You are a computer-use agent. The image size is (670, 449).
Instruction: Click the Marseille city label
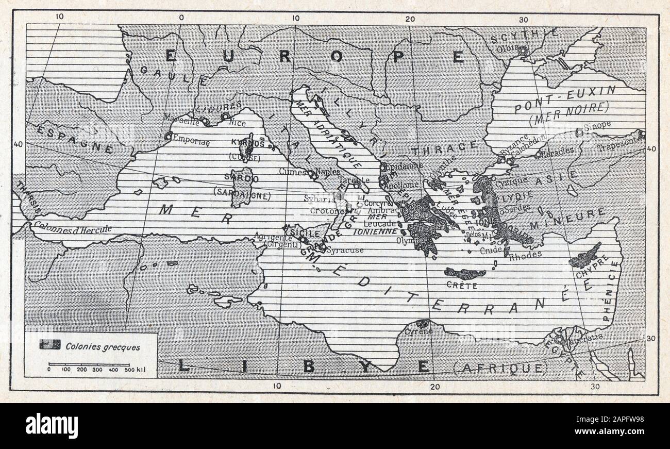point(180,117)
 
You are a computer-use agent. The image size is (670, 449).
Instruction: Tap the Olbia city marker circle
point(523,51)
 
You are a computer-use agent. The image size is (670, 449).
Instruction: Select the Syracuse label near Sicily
point(345,250)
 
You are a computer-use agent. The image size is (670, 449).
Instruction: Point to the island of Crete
point(465,273)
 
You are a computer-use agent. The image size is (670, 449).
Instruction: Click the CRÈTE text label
point(462,286)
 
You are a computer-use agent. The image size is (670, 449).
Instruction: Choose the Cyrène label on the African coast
point(418,331)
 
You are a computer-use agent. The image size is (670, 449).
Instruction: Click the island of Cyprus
point(584,256)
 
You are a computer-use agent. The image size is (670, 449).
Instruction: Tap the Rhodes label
point(525,254)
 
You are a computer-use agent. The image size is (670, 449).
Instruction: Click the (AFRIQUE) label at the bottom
point(500,368)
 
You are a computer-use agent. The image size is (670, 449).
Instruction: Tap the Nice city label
point(237,123)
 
